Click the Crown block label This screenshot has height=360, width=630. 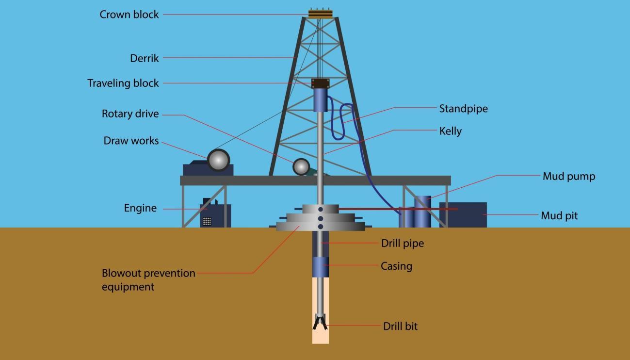coord(129,15)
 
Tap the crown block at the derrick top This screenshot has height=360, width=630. coord(321,14)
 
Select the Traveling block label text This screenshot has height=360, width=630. coord(123,83)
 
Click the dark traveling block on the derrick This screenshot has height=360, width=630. coord(321,83)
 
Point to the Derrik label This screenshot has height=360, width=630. coord(144,58)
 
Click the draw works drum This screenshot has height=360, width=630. coord(219,160)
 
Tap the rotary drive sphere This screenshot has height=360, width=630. coord(301,167)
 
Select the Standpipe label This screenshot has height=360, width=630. coord(464,109)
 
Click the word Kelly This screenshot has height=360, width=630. coord(451,131)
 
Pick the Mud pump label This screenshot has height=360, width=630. coord(569,176)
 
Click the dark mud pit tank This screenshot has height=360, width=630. coord(463,214)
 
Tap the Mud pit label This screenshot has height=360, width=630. coord(559,216)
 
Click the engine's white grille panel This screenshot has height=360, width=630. coord(207,221)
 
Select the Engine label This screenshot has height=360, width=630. coord(140,208)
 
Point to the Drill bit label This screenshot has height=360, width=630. coord(400,326)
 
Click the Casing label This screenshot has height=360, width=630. coord(397,266)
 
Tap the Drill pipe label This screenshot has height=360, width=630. coord(403,243)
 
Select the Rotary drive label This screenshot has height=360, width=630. coord(130,114)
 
